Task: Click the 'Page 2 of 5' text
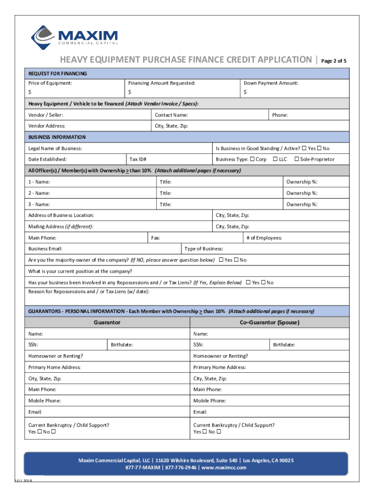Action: click(x=334, y=61)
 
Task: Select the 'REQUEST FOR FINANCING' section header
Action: click(x=57, y=74)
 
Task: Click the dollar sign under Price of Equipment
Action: click(x=30, y=92)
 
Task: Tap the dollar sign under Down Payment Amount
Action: click(x=245, y=92)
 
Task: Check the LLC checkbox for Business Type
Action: click(x=275, y=159)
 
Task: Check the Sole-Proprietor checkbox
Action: click(x=297, y=159)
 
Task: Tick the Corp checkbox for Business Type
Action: click(x=253, y=159)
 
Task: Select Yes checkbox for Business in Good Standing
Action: click(x=305, y=148)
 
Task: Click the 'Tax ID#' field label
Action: click(x=138, y=159)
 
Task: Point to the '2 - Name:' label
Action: click(x=39, y=193)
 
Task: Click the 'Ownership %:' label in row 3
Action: click(x=302, y=204)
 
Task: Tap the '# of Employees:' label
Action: click(x=264, y=238)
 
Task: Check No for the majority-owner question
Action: click(x=237, y=260)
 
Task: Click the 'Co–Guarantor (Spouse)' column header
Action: click(x=270, y=322)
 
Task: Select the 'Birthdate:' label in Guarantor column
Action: click(x=121, y=345)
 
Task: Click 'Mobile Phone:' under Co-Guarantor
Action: click(x=209, y=401)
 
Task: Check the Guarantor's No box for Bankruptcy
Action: click(x=53, y=431)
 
